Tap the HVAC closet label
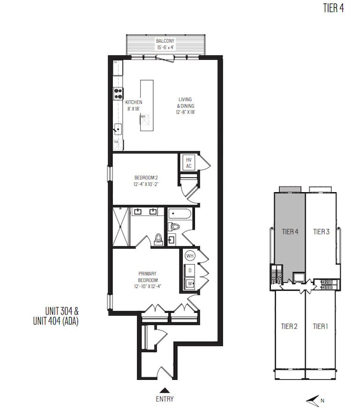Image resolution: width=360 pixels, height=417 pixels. click(x=188, y=163)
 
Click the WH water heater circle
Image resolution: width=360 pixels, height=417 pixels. click(x=189, y=256)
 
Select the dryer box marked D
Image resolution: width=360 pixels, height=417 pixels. click(x=190, y=271)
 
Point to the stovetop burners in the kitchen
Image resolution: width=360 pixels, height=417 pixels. click(x=118, y=94)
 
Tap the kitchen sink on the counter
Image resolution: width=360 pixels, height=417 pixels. click(x=117, y=130)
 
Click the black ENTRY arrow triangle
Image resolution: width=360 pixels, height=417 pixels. click(x=164, y=389)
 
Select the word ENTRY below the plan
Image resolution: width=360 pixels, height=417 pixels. click(x=164, y=399)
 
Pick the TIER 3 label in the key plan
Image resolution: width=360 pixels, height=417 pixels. click(x=321, y=231)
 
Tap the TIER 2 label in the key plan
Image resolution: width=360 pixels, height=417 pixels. click(x=289, y=326)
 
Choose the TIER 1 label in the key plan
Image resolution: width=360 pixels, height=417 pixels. click(x=320, y=326)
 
